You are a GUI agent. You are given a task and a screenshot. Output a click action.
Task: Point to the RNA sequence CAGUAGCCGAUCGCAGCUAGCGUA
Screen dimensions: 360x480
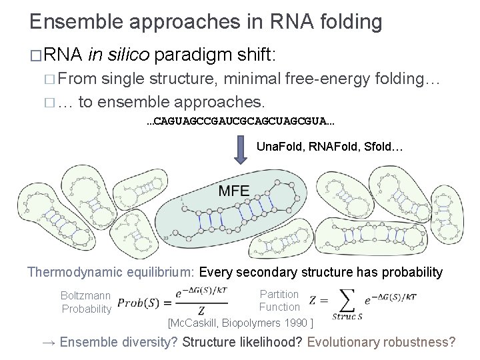pos(241,122)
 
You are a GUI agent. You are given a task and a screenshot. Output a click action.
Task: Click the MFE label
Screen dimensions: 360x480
pos(234,191)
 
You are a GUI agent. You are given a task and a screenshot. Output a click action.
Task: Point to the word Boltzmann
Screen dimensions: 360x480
pos(85,295)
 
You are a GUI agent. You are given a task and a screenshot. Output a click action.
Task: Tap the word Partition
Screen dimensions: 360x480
pos(279,293)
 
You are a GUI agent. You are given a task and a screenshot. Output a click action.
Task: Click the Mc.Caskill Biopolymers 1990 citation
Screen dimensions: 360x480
pos(241,323)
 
